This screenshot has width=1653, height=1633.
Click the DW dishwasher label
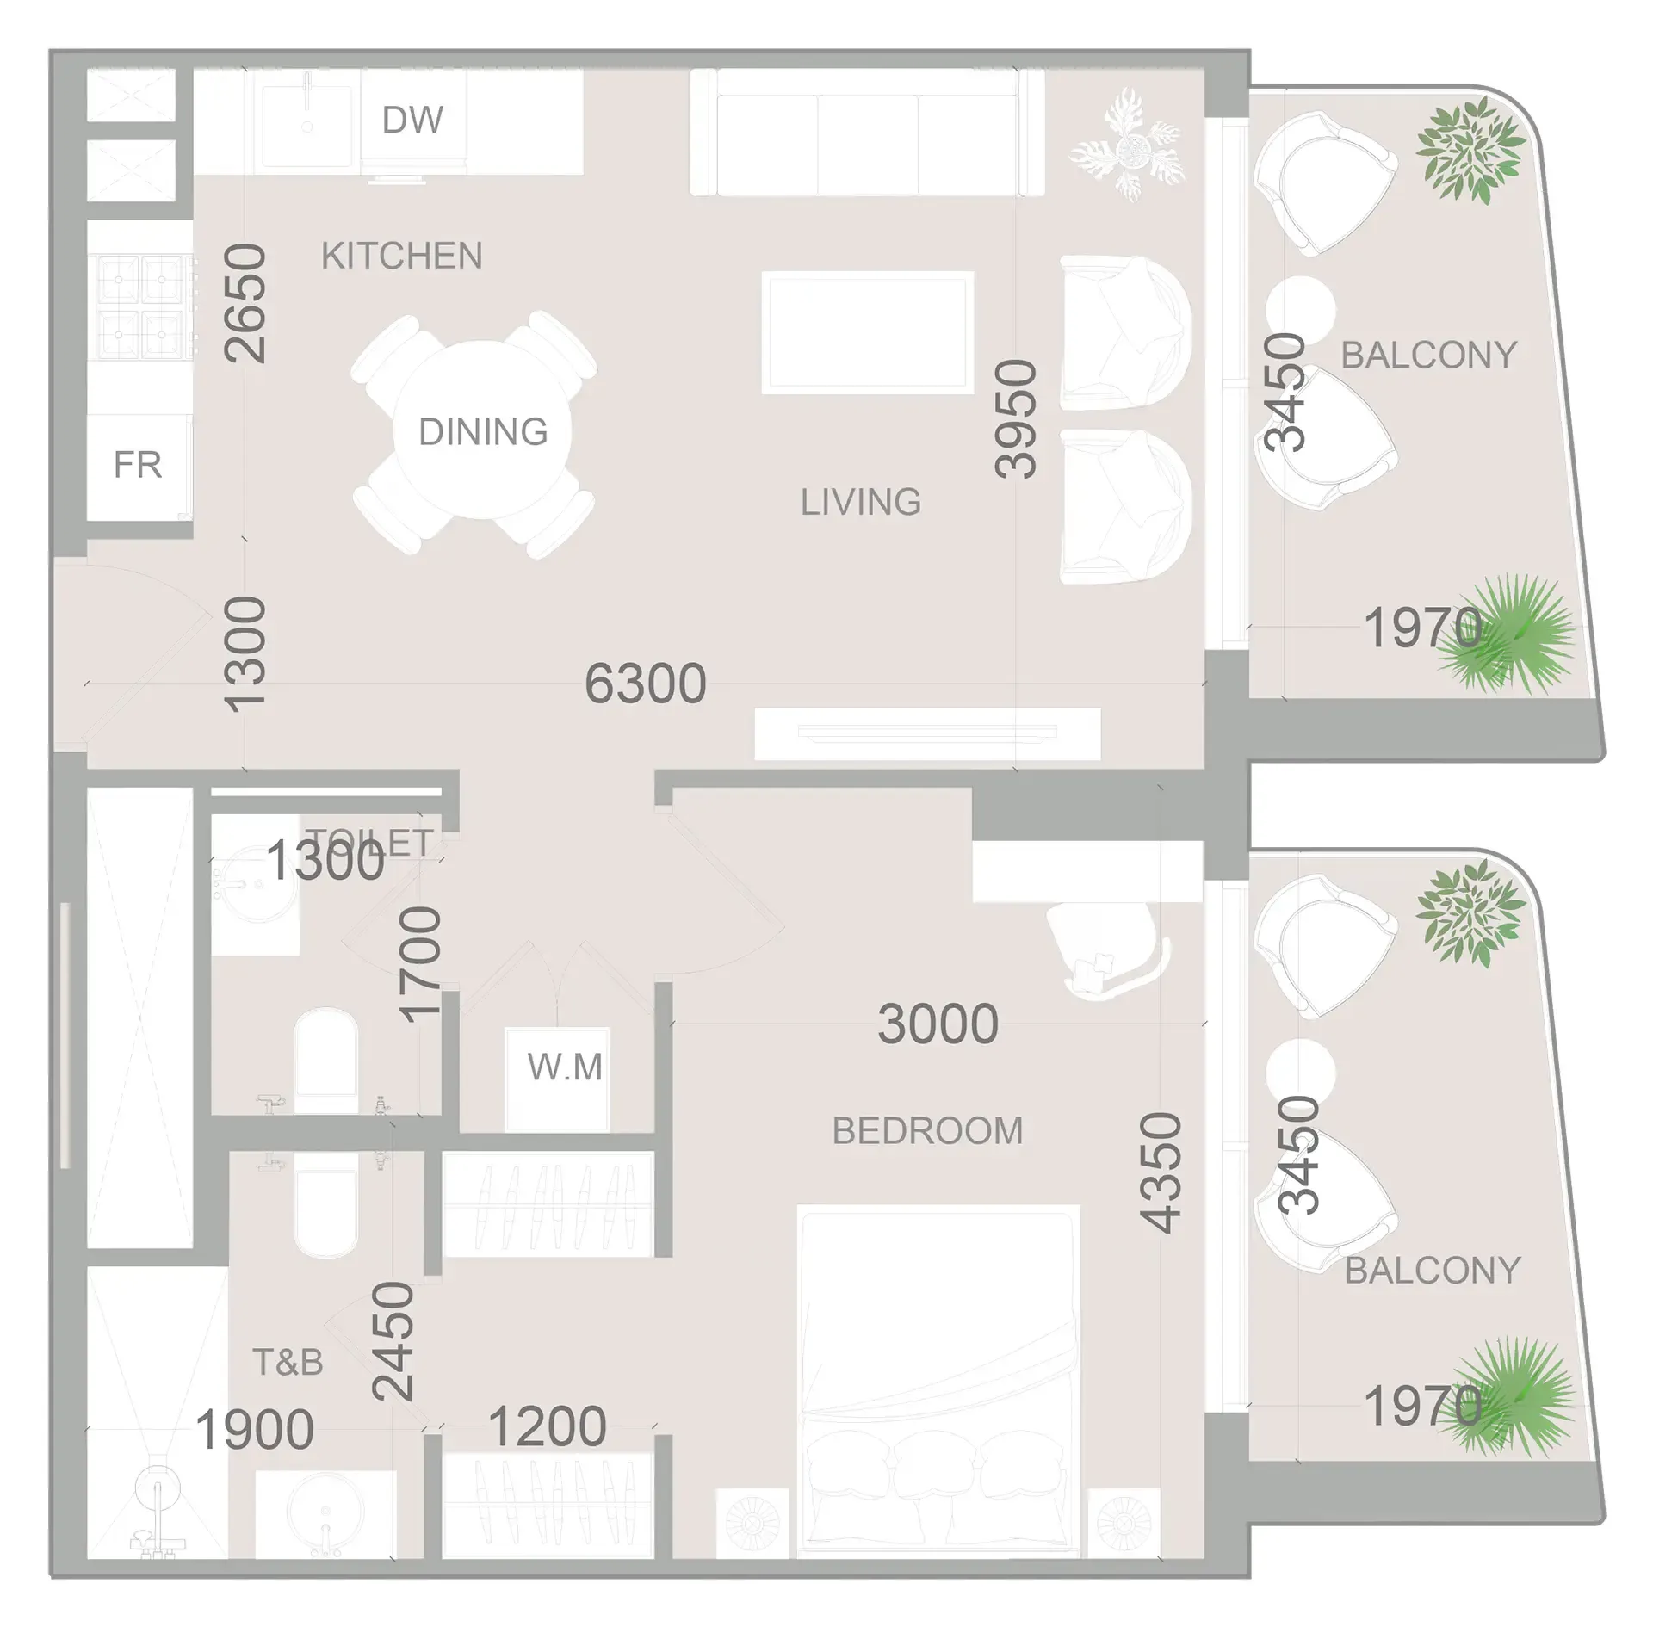tap(412, 121)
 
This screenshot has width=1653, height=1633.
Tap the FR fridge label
tap(138, 465)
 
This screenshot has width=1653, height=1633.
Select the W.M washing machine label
tap(565, 1067)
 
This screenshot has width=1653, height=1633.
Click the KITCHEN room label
tap(401, 256)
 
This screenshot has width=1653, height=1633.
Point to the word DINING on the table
tap(483, 432)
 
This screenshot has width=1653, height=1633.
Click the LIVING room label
tap(861, 502)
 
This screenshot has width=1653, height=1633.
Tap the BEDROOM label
tap(927, 1131)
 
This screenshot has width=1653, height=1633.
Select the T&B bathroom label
tap(288, 1363)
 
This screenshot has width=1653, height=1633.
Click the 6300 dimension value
tap(646, 684)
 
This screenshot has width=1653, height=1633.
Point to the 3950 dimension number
tap(1016, 418)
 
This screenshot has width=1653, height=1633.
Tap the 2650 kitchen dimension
tap(245, 302)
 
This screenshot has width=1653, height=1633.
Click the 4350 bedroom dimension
tap(1161, 1172)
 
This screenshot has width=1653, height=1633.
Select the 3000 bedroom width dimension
tap(938, 1024)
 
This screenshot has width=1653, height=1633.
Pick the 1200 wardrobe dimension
tap(548, 1427)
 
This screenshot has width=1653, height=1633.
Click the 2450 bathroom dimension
tap(393, 1341)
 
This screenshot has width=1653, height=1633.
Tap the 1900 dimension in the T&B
tap(255, 1430)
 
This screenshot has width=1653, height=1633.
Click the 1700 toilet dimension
tap(421, 965)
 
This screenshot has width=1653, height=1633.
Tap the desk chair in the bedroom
tap(1104, 952)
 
